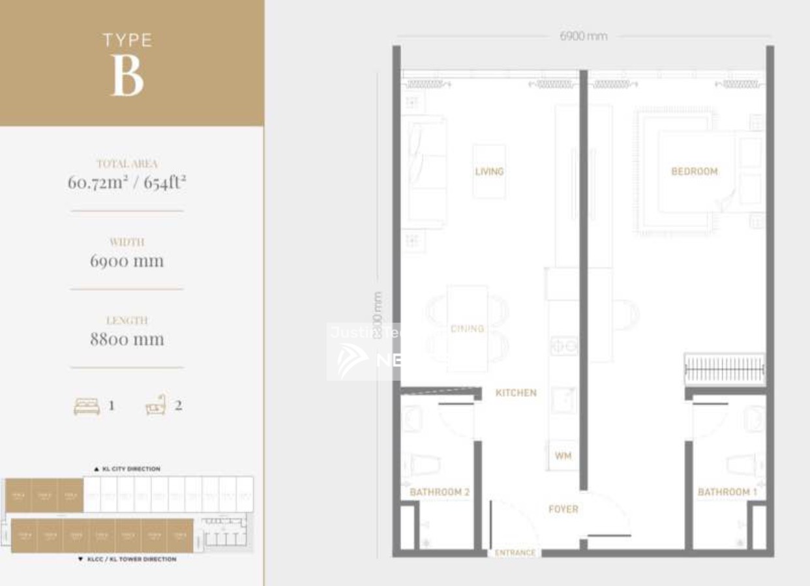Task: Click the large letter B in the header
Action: [x=127, y=75]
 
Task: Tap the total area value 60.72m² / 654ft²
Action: [x=127, y=182]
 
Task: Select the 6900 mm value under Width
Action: [x=127, y=261]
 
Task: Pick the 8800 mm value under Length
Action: [x=127, y=339]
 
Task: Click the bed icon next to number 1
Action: [x=87, y=406]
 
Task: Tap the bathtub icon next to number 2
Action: [x=156, y=405]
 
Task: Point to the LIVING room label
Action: [x=489, y=171]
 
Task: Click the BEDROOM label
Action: [x=694, y=171]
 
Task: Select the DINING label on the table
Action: [x=467, y=329]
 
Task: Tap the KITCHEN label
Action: [x=516, y=392]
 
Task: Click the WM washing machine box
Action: [x=563, y=455]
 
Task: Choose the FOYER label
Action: [x=563, y=509]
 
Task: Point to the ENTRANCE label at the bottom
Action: [x=515, y=553]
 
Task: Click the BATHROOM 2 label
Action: [x=440, y=492]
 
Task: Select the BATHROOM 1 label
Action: [x=727, y=492]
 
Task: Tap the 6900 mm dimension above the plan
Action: [x=583, y=36]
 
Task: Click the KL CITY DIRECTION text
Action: [x=127, y=469]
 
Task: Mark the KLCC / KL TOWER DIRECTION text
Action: [x=127, y=559]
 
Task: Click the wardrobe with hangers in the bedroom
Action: [x=725, y=370]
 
